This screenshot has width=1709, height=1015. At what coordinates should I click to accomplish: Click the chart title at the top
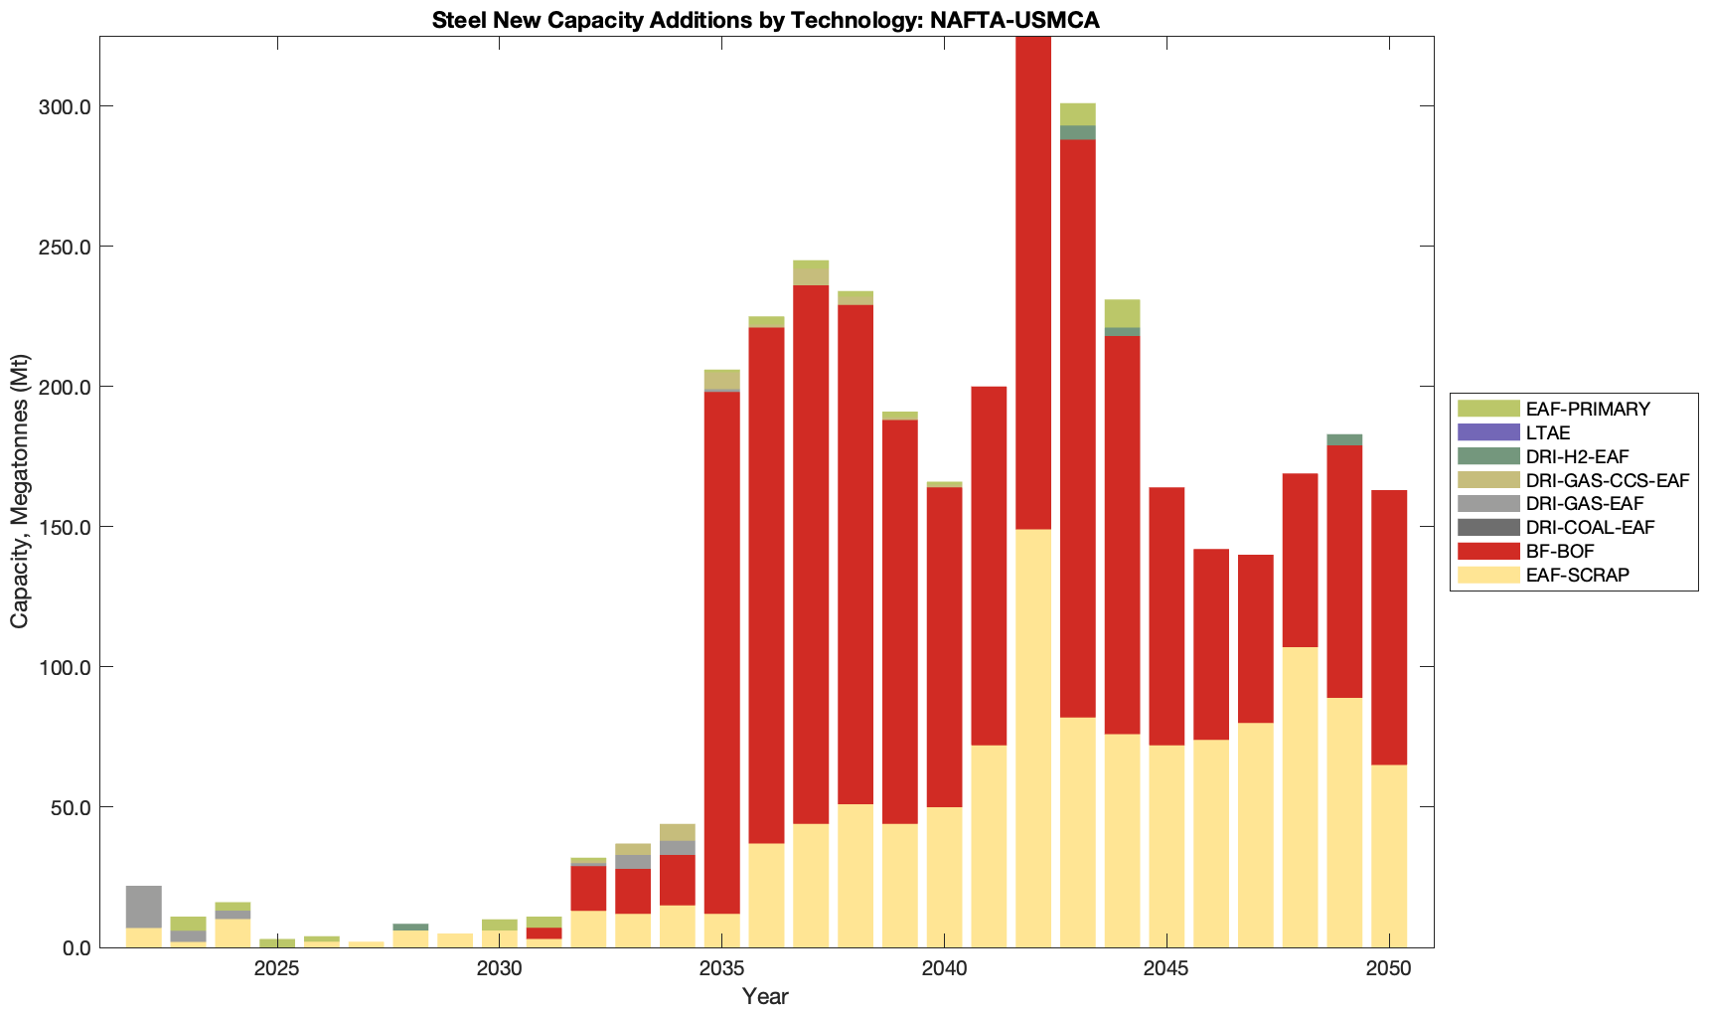(x=765, y=20)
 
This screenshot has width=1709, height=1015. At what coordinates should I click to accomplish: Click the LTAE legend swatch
(x=1488, y=432)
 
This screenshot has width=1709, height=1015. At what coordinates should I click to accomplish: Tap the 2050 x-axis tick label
(x=1389, y=969)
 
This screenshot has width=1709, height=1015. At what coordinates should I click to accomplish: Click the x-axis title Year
(x=765, y=996)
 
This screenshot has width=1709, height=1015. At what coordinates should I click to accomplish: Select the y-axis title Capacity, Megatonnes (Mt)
(x=20, y=491)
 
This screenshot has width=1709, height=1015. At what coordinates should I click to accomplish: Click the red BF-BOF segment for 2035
(x=722, y=646)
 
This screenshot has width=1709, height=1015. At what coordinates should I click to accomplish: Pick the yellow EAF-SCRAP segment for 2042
(x=1033, y=736)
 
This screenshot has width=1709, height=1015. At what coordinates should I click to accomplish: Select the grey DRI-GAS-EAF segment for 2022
(x=144, y=907)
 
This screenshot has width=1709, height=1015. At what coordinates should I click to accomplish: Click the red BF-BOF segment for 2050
(x=1389, y=626)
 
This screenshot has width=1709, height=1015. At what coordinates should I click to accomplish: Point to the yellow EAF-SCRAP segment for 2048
(x=1300, y=795)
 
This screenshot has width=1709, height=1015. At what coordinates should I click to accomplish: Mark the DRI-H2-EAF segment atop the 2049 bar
(x=1344, y=439)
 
